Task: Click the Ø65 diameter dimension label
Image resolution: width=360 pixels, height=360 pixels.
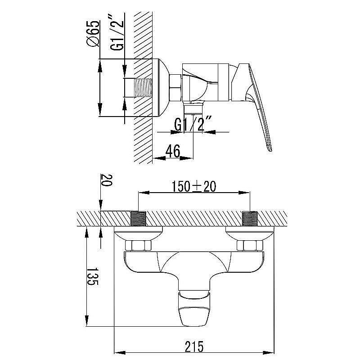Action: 93,34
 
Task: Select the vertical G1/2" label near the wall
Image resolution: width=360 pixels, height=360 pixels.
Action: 117,32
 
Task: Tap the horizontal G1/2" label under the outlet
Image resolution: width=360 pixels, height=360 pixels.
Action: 193,123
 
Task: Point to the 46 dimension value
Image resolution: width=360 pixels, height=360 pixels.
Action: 173,151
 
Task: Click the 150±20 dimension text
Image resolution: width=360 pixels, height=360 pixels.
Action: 194,186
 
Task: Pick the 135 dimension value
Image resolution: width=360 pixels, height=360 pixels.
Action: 93,276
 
